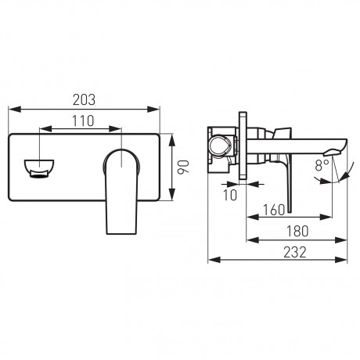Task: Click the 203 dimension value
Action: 84,100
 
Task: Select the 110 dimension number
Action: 83,121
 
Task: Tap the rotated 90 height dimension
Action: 183,167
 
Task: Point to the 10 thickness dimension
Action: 230,195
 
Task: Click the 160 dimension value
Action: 273,210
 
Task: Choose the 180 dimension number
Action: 297,231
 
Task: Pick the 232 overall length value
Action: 295,252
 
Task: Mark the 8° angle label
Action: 322,165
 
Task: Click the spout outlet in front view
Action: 39,167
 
